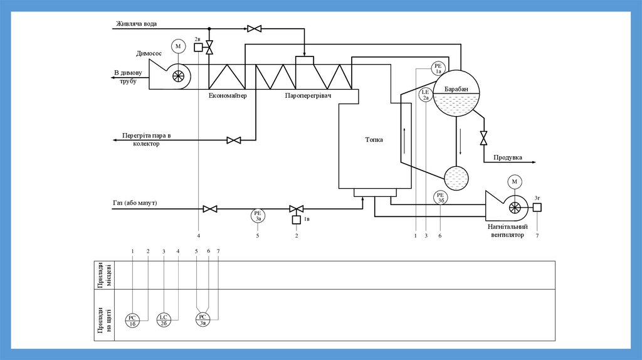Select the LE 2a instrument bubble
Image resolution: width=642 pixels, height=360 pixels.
tap(426, 95)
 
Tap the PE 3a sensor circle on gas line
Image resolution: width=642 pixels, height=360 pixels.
tap(258, 216)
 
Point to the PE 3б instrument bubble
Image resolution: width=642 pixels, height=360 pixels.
tap(441, 197)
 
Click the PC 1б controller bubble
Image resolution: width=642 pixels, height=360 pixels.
tap(133, 320)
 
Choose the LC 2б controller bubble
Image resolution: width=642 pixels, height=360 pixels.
tap(163, 320)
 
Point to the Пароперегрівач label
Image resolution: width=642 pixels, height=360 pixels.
tap(308, 95)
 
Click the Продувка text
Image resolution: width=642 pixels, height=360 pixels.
tap(508, 157)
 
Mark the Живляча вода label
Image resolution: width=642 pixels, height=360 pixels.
tap(136, 24)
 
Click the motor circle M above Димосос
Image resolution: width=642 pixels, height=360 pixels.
tap(178, 46)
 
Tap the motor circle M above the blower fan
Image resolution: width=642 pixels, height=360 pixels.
tap(515, 182)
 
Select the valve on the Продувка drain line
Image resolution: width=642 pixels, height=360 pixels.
tap(483, 137)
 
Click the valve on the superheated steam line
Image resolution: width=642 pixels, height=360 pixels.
tap(234, 140)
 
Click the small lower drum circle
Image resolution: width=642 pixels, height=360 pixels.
tap(456, 177)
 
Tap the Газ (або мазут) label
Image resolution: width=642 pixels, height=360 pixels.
tap(135, 203)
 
